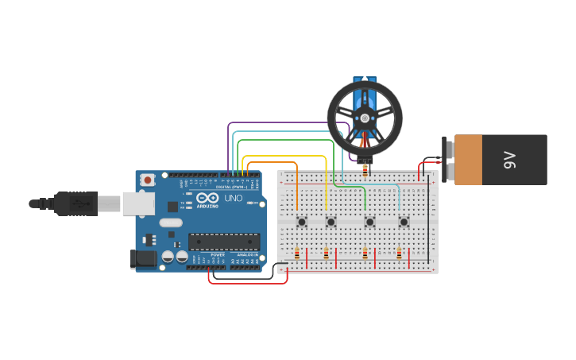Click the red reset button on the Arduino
click(149, 180)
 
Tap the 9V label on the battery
click(510, 159)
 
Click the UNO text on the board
click(234, 198)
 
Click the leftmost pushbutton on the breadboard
click(302, 222)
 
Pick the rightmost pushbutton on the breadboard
click(404, 222)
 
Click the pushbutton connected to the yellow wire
click(331, 222)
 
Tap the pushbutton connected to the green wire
click(369, 222)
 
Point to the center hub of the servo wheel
click(365, 118)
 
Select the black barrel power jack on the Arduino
click(143, 257)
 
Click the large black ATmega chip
click(223, 242)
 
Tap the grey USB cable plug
click(76, 203)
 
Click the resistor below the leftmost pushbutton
click(297, 254)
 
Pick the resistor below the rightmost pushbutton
click(399, 254)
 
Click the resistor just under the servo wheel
click(365, 168)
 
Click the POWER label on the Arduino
click(218, 254)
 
